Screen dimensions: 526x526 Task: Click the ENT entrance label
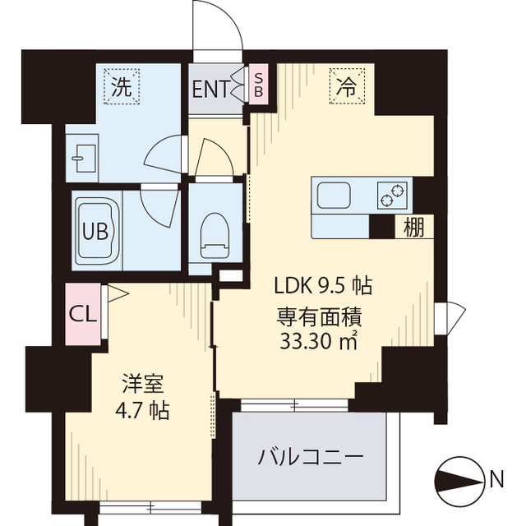tap(211, 89)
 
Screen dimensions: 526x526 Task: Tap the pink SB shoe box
tap(257, 83)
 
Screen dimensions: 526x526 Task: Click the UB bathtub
tap(99, 231)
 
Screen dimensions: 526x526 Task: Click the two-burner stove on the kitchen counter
tap(392, 196)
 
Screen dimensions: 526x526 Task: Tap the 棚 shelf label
tap(414, 228)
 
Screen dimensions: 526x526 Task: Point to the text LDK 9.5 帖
tap(323, 286)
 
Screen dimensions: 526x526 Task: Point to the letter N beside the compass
tap(496, 480)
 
